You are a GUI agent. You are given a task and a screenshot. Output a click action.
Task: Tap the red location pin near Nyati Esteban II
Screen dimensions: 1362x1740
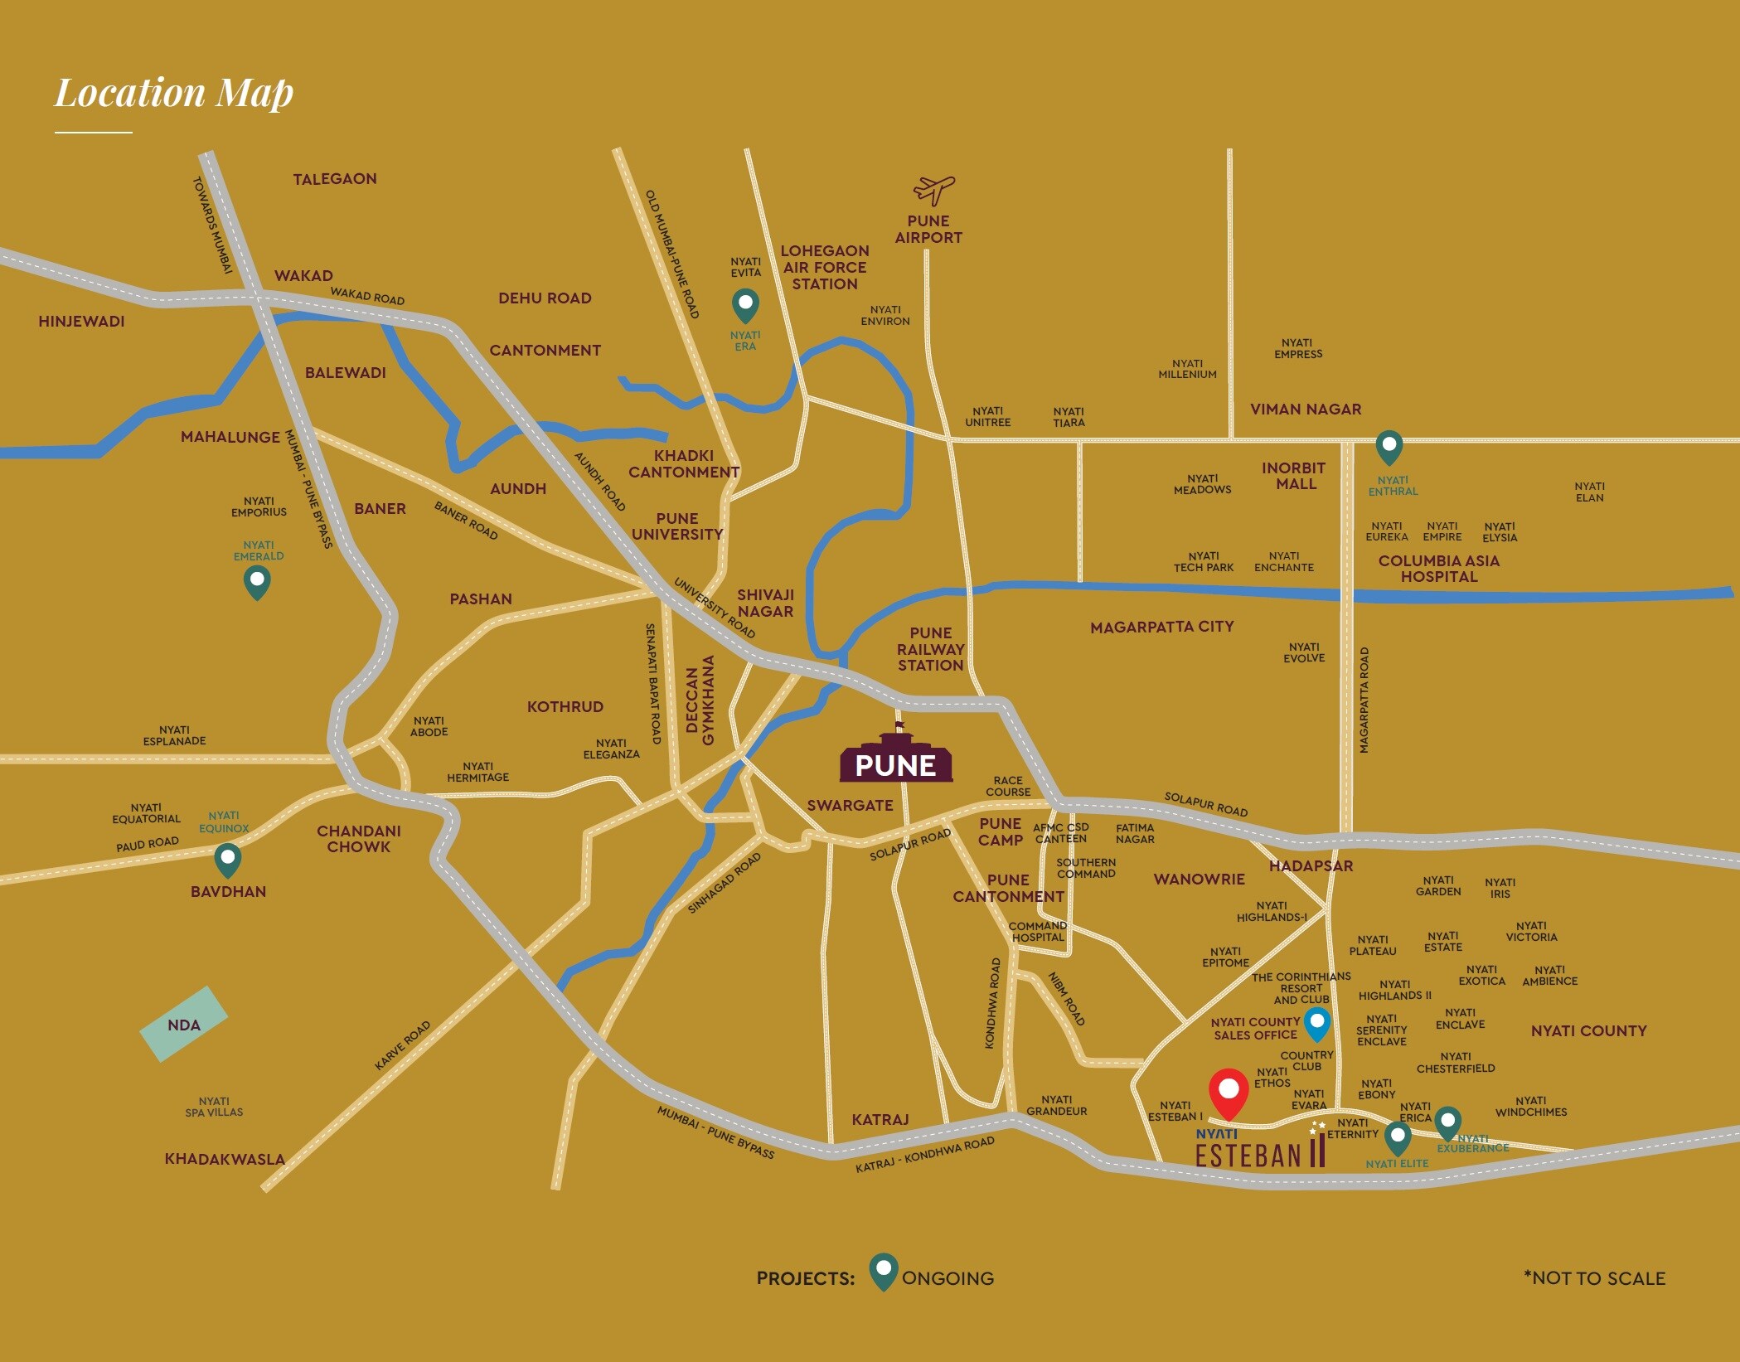[x=1229, y=1093]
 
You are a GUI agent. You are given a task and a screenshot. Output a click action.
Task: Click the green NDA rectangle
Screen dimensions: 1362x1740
[x=183, y=1025]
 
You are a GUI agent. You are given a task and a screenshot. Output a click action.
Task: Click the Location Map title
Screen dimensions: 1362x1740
[x=174, y=93]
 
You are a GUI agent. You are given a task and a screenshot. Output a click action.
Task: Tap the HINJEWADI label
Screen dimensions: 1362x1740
[x=81, y=322]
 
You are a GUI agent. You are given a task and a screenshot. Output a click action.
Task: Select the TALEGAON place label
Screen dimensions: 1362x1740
[x=335, y=179]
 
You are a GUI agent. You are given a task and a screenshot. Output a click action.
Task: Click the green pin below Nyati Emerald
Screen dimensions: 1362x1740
[x=257, y=582]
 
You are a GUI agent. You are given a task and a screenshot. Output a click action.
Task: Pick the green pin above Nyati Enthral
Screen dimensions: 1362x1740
[x=1389, y=447]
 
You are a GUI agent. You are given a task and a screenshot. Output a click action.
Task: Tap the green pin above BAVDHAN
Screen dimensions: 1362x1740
[x=227, y=860]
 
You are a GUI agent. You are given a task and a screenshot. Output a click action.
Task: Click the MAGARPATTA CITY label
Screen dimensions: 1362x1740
[x=1161, y=628]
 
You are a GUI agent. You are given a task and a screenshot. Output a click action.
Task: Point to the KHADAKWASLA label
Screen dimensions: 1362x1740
[x=225, y=1159]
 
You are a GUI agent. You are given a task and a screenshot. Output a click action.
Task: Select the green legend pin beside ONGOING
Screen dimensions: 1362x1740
[x=884, y=1271]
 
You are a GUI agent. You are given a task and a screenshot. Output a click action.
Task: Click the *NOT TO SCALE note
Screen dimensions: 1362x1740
[x=1594, y=1278]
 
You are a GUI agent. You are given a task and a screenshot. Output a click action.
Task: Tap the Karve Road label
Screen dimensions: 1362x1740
[x=403, y=1045]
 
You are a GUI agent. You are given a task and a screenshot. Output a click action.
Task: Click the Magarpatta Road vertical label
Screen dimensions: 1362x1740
[x=1364, y=700]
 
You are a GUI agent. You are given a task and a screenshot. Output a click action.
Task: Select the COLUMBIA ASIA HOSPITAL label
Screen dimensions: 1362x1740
[x=1438, y=569]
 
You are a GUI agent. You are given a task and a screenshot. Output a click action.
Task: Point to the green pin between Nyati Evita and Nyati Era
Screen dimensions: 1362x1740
[x=745, y=304]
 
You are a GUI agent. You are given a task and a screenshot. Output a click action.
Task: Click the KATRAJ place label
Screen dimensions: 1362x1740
[x=880, y=1120]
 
